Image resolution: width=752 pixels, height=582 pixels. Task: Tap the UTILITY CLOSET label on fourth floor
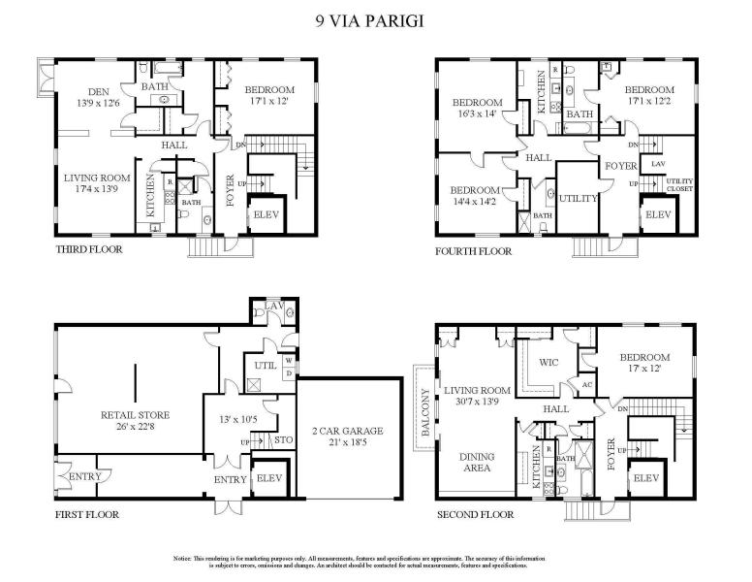coord(679,185)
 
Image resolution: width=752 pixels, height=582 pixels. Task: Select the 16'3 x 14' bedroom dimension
coord(476,113)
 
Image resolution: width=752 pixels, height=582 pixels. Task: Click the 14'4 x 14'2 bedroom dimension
coord(475,202)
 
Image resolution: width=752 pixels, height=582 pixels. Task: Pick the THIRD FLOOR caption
coord(90,249)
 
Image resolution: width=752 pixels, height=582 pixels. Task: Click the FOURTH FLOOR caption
coord(474,250)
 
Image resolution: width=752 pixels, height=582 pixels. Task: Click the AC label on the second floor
coord(586,384)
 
